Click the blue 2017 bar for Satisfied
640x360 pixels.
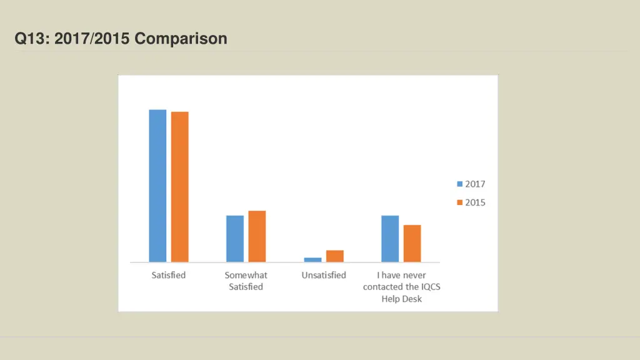[157, 186]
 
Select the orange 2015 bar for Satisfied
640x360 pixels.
[180, 187]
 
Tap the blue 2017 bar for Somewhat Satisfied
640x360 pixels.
[235, 239]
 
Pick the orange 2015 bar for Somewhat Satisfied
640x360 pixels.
[257, 236]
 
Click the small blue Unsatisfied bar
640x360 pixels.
[312, 259]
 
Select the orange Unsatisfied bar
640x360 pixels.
[335, 256]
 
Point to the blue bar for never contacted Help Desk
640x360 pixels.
[390, 239]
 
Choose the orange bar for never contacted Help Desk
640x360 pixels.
[412, 243]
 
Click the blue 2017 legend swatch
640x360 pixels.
[460, 184]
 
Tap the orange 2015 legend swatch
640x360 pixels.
[460, 202]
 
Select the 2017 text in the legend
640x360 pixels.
[475, 184]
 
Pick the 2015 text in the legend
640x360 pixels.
[475, 202]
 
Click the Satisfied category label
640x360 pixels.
[169, 275]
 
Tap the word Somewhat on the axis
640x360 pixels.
[246, 275]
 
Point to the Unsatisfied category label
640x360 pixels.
[324, 275]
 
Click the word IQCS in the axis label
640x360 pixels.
[436, 287]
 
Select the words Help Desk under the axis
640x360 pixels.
[402, 299]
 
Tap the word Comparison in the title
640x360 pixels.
[181, 39]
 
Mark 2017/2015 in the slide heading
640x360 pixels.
[92, 39]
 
